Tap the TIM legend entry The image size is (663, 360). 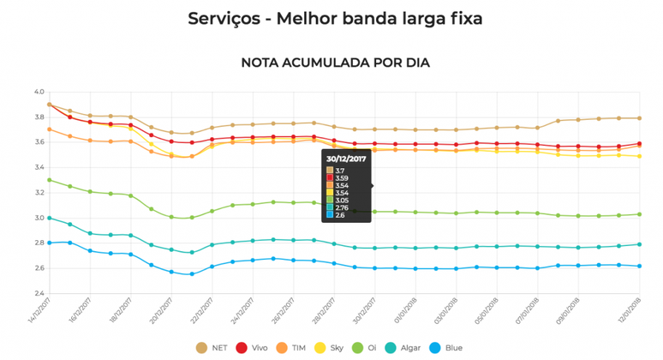pyautogui.click(x=293, y=347)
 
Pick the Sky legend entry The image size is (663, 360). pyautogui.click(x=332, y=347)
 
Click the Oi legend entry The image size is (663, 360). pyautogui.click(x=369, y=347)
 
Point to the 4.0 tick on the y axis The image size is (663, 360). pyautogui.click(x=39, y=92)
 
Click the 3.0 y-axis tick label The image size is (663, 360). pyautogui.click(x=39, y=218)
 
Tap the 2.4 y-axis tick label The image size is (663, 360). pyautogui.click(x=39, y=293)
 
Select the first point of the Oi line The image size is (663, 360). pyautogui.click(x=50, y=180)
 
